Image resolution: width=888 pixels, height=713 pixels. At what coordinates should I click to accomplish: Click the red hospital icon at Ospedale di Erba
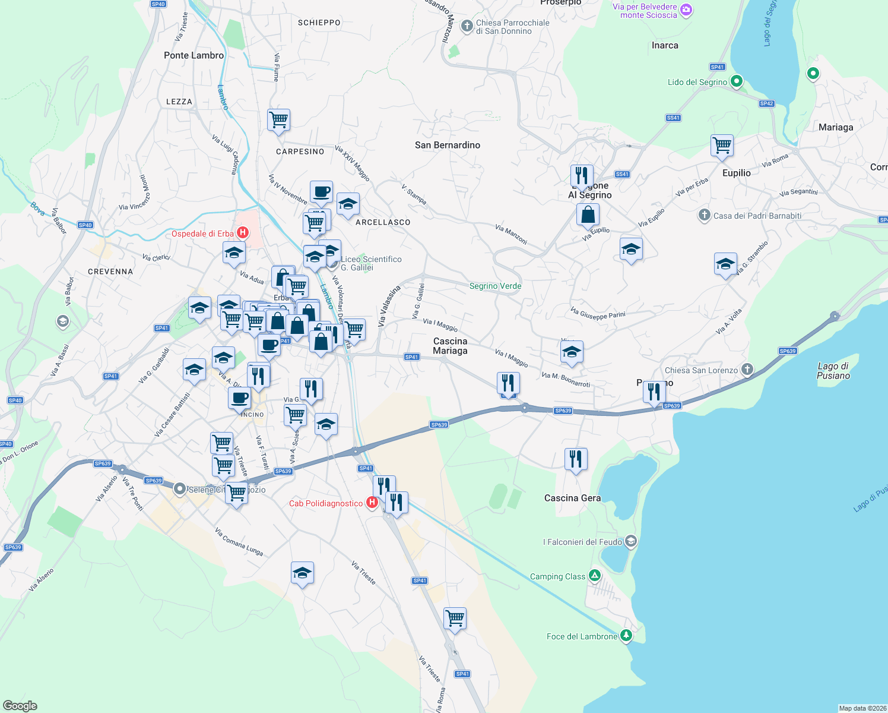pos(242,233)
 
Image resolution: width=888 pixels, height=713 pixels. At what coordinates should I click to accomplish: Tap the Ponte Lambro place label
pos(194,55)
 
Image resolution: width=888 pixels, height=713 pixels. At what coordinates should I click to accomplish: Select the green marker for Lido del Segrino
pos(736,81)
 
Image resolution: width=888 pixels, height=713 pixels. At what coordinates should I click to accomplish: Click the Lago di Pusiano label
pos(833,371)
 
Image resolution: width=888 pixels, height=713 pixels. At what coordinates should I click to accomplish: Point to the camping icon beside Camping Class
pos(594,576)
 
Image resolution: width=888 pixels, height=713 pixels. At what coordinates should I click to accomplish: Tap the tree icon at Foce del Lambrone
pos(626,636)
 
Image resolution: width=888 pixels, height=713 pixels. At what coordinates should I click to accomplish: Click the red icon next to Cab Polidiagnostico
pos(372,503)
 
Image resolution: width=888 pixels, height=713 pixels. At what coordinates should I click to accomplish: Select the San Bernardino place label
pos(448,145)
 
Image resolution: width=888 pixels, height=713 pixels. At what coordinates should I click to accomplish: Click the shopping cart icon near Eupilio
pos(722,144)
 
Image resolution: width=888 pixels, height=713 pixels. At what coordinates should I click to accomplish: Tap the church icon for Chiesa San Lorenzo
pos(747,370)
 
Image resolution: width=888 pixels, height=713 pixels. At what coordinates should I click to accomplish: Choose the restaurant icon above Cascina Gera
pos(576,459)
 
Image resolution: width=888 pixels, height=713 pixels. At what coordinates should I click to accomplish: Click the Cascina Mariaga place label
pos(450,346)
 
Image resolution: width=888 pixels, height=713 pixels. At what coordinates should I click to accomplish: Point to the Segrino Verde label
pos(495,286)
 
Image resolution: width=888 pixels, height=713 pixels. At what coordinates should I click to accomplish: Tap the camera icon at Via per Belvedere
pos(686,10)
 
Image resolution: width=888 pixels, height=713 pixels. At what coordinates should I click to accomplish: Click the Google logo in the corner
pos(20,705)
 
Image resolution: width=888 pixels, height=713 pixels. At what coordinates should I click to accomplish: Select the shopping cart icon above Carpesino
pos(278,120)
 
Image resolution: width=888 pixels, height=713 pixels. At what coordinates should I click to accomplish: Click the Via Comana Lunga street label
pos(239,542)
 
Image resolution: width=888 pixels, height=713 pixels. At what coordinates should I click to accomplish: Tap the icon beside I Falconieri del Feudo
pos(631,541)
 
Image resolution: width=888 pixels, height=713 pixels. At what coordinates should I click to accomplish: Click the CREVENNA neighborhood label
pos(110,272)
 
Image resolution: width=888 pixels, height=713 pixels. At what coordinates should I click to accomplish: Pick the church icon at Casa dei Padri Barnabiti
pos(705,215)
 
